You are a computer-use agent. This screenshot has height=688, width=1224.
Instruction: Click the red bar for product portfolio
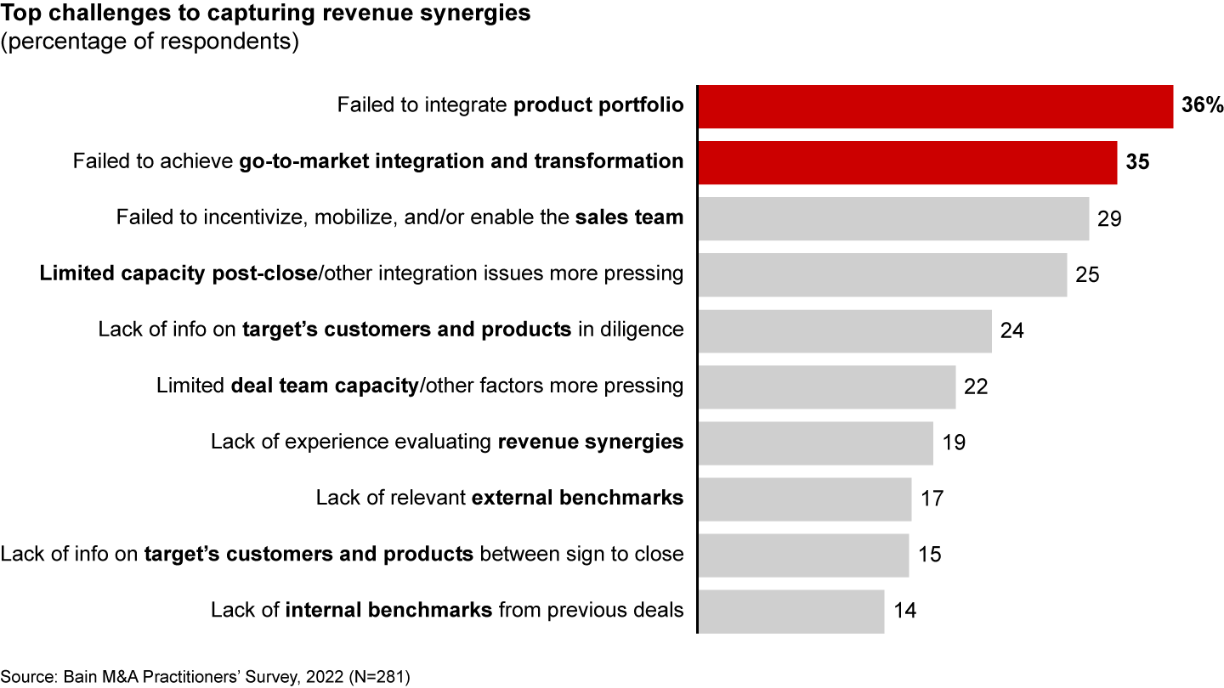click(935, 106)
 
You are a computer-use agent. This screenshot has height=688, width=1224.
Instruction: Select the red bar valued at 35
click(907, 162)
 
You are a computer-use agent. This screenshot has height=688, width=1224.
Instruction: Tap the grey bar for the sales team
click(893, 218)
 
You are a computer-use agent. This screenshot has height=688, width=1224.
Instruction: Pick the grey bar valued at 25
click(882, 274)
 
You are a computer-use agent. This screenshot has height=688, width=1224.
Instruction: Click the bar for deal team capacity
click(826, 386)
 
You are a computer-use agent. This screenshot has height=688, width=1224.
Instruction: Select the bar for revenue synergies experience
click(815, 443)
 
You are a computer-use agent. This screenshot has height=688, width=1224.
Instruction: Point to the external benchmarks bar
click(804, 499)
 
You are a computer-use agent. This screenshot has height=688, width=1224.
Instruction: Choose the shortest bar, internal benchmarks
click(790, 611)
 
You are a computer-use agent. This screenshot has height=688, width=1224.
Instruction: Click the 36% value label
click(1202, 106)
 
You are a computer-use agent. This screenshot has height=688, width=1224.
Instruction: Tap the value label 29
click(1109, 218)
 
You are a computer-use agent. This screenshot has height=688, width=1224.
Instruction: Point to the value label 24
click(1011, 330)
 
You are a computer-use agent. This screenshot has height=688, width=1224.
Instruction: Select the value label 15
click(930, 555)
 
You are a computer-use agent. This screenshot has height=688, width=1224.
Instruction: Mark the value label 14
click(905, 611)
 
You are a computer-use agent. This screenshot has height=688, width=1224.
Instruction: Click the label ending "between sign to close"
click(342, 555)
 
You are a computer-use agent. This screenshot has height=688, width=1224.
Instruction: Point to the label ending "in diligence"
click(391, 330)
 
